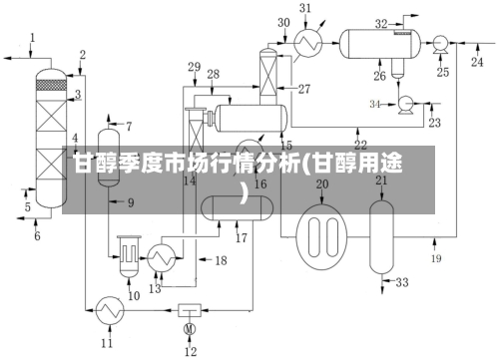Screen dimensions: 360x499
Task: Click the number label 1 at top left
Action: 32,38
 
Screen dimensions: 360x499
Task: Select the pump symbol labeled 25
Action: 438,42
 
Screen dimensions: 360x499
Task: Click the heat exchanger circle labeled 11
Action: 107,312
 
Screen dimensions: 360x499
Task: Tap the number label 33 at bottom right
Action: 402,283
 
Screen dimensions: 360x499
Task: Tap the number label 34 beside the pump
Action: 375,104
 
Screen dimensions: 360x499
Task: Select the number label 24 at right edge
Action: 477,62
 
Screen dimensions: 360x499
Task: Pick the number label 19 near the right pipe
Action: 436,258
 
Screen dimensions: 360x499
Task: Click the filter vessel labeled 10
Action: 128,255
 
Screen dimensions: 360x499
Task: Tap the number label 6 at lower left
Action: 37,236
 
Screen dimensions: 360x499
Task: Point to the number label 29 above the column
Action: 195,67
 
